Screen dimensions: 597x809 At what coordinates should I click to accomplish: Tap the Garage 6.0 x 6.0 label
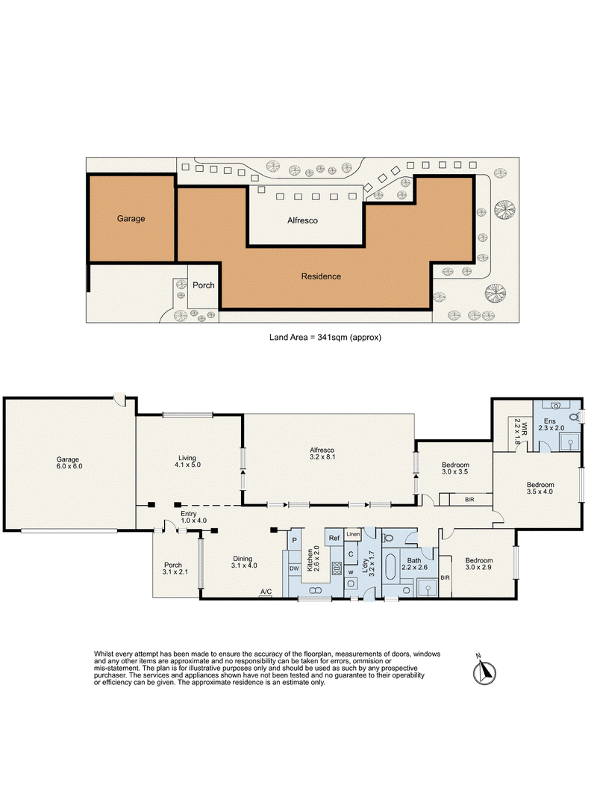pos(69,463)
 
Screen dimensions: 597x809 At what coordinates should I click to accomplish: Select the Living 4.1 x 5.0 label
pos(187,461)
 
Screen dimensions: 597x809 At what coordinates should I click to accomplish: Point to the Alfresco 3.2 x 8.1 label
pos(322,453)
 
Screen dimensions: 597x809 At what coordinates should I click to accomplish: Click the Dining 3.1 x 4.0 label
pos(243,562)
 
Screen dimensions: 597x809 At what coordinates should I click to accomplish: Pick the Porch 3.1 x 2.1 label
pos(175,568)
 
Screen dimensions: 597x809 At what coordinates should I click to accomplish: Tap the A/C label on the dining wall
pos(266,592)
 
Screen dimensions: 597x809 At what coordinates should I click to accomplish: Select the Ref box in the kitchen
pos(334,538)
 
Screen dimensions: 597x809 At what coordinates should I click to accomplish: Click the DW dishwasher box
pos(294,568)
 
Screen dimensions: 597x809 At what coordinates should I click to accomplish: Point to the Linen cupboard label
pos(353,534)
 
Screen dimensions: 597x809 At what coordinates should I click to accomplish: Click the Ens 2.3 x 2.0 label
pos(551,424)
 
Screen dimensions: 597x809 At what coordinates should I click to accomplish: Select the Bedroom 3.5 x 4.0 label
pos(540,488)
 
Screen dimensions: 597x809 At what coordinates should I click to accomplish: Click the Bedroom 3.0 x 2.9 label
pos(479,564)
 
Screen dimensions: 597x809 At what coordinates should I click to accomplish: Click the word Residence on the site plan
pos(321,276)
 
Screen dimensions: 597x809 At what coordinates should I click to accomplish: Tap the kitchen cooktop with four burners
pos(337,568)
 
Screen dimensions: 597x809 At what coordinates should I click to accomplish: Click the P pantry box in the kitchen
pos(294,540)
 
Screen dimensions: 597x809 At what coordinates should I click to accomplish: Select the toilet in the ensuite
pos(574,416)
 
